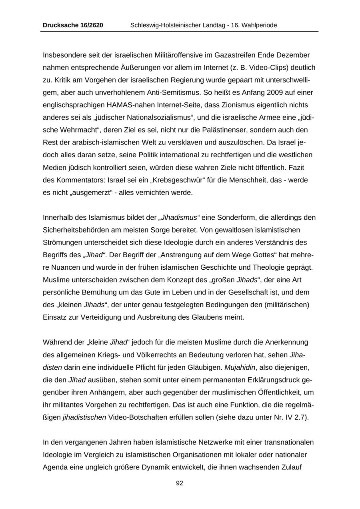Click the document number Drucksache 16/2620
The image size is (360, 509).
[x=73, y=25]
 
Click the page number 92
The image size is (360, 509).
[x=180, y=483]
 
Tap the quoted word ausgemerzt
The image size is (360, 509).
[x=88, y=192]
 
